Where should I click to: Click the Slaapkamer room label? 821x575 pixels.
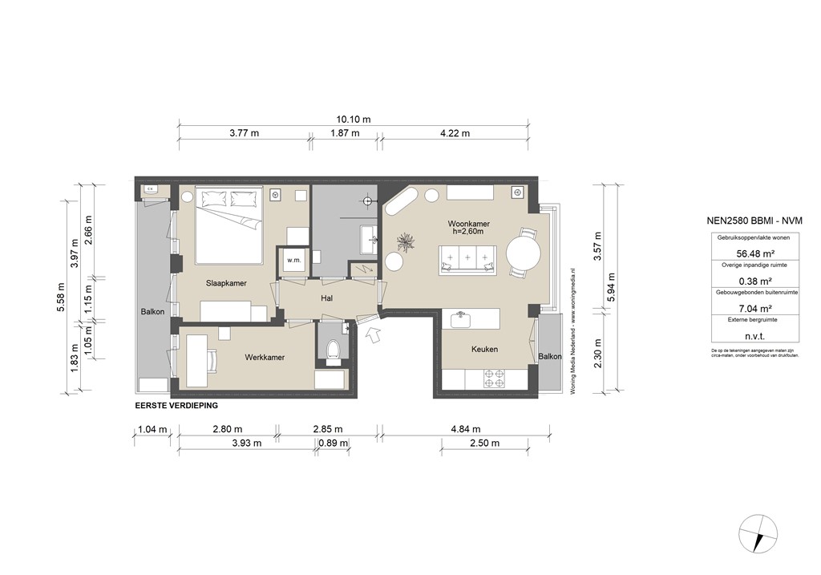click(225, 284)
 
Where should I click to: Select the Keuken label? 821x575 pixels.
click(484, 350)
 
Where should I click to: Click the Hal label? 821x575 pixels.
click(326, 298)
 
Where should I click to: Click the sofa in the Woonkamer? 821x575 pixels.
click(467, 259)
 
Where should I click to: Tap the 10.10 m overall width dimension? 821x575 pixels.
click(354, 119)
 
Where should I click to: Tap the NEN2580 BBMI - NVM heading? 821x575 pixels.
click(754, 221)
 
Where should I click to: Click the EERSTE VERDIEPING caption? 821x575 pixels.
click(176, 406)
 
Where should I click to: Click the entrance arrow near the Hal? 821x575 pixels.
click(371, 334)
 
